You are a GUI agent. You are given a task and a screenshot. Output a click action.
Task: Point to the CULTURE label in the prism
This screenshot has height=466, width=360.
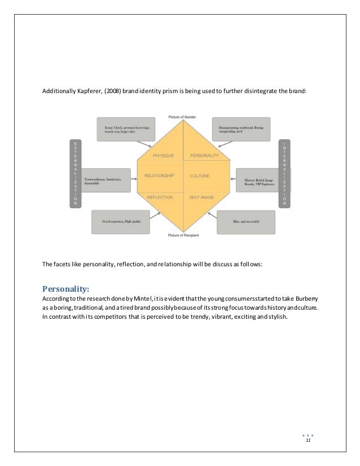pyautogui.click(x=200, y=176)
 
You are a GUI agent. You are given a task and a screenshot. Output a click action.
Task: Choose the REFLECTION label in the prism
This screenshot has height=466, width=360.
pyautogui.click(x=160, y=197)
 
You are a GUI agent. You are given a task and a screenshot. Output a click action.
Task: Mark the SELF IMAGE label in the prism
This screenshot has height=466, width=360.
pyautogui.click(x=202, y=197)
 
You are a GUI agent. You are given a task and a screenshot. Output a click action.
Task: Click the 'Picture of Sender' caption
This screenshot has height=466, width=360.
pyautogui.click(x=182, y=117)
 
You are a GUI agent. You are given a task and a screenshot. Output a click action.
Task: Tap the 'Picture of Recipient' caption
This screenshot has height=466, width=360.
pyautogui.click(x=182, y=235)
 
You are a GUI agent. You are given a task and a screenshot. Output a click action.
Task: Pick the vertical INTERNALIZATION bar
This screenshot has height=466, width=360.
pyautogui.click(x=285, y=173)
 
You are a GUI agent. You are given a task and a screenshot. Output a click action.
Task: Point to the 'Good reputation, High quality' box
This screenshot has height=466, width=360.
pyautogui.click(x=117, y=222)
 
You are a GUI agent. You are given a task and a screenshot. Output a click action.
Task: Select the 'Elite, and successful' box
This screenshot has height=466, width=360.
pyautogui.click(x=245, y=222)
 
